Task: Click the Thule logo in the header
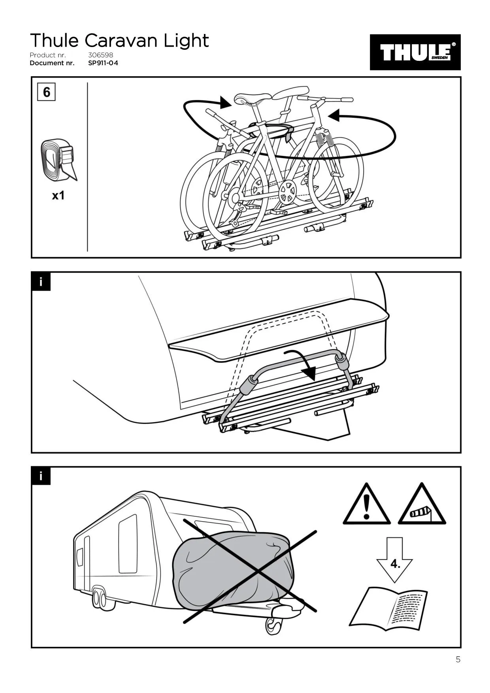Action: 415,52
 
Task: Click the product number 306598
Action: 100,55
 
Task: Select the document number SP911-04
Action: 103,63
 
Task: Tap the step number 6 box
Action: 46,92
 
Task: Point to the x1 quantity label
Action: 58,196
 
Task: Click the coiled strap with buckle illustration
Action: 58,160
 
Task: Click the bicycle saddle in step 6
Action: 252,98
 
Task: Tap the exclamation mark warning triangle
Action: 367,505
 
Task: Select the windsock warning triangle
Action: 422,505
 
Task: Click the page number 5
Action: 458,659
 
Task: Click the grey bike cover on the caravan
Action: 233,569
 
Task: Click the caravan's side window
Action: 128,543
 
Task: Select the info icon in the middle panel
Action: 41,281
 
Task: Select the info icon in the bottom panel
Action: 41,476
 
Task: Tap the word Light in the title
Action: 186,41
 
